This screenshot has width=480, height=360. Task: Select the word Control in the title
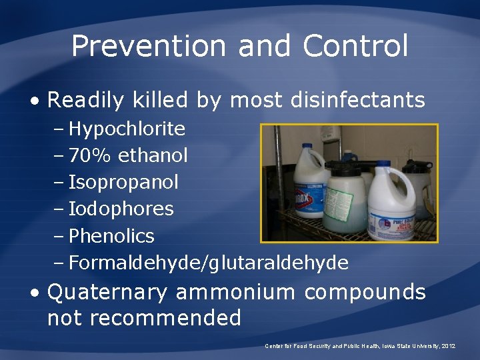(355, 46)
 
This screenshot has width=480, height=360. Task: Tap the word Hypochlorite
(127, 128)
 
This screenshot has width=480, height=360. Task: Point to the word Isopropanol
(123, 182)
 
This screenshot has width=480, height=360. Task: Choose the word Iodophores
(121, 209)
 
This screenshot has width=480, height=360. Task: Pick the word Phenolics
(111, 236)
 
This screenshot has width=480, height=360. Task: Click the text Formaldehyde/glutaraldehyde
(208, 263)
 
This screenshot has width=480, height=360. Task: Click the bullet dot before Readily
(34, 101)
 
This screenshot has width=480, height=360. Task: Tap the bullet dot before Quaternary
(34, 292)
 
